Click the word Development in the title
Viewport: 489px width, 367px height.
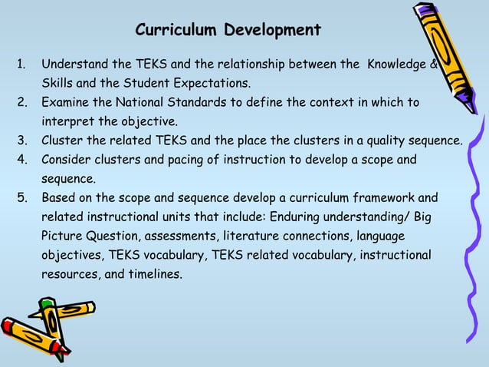pos(272,30)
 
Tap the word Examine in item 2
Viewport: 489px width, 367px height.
pos(64,102)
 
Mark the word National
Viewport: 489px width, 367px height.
pos(141,102)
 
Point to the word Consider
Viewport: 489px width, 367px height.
pos(66,160)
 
